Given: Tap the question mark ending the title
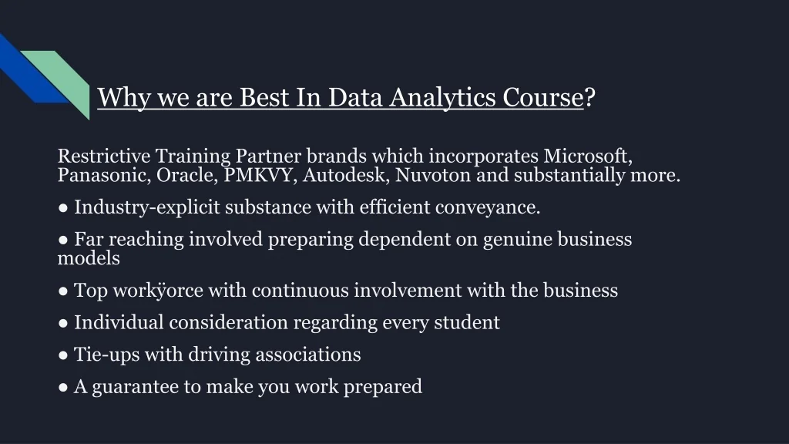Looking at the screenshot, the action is pyautogui.click(x=589, y=96).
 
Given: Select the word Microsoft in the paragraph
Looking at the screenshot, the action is pyautogui.click(x=588, y=156).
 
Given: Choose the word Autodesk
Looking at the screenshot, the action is pyautogui.click(x=346, y=175).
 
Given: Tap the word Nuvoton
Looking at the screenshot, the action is pyautogui.click(x=433, y=175).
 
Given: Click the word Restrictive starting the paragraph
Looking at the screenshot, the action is pyautogui.click(x=104, y=156).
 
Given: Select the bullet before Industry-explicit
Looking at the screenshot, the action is pyautogui.click(x=63, y=208).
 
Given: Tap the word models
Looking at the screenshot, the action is pyautogui.click(x=89, y=258).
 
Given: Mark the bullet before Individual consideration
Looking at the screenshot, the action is pyautogui.click(x=63, y=323).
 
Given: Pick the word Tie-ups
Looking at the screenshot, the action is pyautogui.click(x=106, y=355).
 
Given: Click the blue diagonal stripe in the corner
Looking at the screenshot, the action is pyautogui.click(x=30, y=70).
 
